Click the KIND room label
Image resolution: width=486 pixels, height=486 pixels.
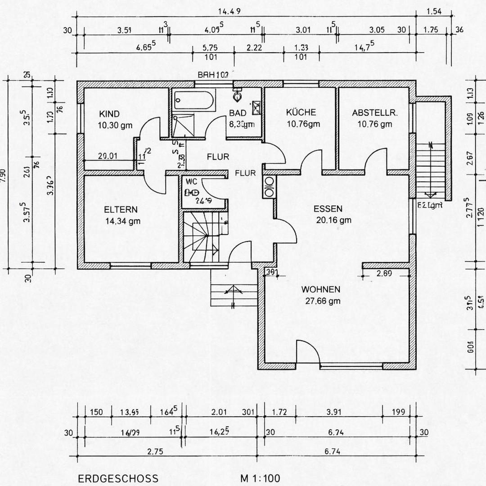109,114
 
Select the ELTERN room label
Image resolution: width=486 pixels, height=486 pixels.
121,210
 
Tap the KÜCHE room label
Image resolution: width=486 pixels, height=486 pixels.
301,112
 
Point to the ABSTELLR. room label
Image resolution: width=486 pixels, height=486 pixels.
375,113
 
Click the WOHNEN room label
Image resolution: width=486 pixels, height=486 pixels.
321,289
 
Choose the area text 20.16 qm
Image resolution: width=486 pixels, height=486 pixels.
333,220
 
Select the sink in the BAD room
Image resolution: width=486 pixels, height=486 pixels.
256,106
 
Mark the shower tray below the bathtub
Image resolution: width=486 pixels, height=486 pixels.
183,125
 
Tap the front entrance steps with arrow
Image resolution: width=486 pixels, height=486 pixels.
233,290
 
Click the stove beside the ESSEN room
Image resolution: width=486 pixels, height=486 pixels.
269,186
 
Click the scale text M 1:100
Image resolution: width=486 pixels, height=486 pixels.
260,477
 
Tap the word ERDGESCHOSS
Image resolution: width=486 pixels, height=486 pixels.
118,478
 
